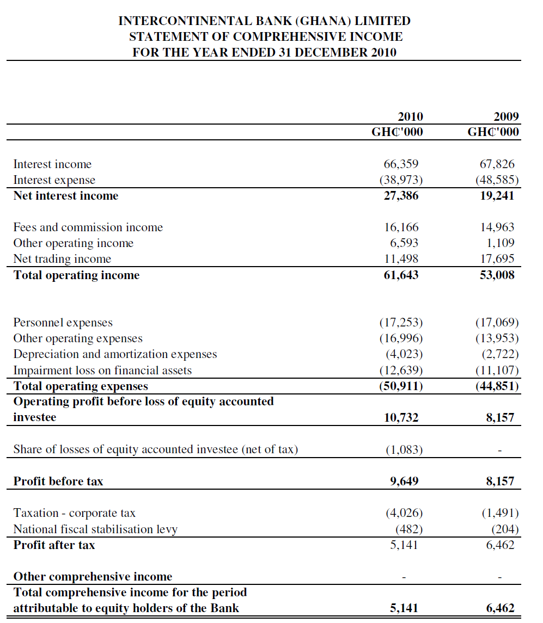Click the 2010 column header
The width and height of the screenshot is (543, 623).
(410, 116)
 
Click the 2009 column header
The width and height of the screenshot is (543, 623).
(506, 116)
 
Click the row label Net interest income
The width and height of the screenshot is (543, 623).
(65, 196)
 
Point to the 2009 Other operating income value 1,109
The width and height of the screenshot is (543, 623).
(501, 243)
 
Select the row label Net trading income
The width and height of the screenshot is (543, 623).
(62, 259)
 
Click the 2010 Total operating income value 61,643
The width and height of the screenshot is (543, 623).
(401, 275)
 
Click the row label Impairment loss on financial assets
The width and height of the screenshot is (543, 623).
(102, 371)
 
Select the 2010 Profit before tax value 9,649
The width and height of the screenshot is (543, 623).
(404, 482)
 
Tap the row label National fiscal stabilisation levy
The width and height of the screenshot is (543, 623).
(95, 529)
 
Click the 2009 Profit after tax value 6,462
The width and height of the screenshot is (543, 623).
(500, 545)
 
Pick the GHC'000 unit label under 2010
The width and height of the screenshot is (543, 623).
(397, 132)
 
